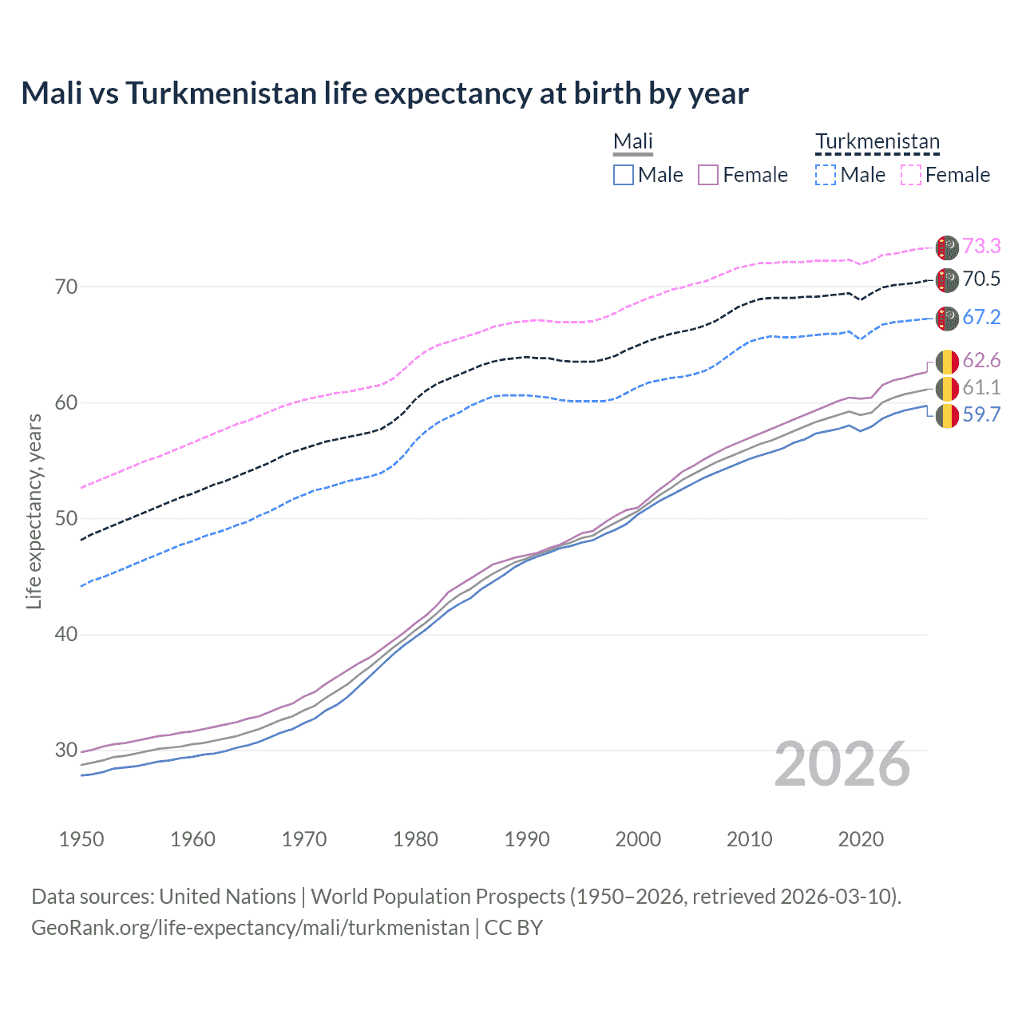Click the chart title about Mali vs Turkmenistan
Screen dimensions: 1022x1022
point(385,93)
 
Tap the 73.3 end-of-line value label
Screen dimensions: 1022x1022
point(981,246)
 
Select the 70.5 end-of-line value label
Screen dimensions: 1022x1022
point(981,279)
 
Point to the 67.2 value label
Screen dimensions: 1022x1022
point(981,317)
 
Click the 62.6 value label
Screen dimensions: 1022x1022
point(981,360)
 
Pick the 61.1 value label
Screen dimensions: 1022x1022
point(981,387)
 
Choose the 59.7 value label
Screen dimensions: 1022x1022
point(981,414)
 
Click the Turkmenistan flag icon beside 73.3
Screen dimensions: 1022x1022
point(947,248)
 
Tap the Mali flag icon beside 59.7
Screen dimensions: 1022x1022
point(947,416)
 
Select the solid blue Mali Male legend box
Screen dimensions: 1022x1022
point(624,175)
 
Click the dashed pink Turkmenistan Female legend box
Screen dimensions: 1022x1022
point(911,175)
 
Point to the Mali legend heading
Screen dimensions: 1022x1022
point(633,141)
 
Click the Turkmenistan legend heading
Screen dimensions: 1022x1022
point(877,141)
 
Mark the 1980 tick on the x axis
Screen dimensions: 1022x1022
point(415,839)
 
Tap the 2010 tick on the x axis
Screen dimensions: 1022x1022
point(749,839)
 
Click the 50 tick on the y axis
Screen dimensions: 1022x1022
point(66,518)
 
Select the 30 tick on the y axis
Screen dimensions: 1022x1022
point(66,750)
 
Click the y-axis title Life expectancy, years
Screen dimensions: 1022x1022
point(34,511)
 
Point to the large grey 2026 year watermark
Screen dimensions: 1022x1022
point(842,764)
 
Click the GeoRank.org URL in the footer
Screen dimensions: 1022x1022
point(250,928)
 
